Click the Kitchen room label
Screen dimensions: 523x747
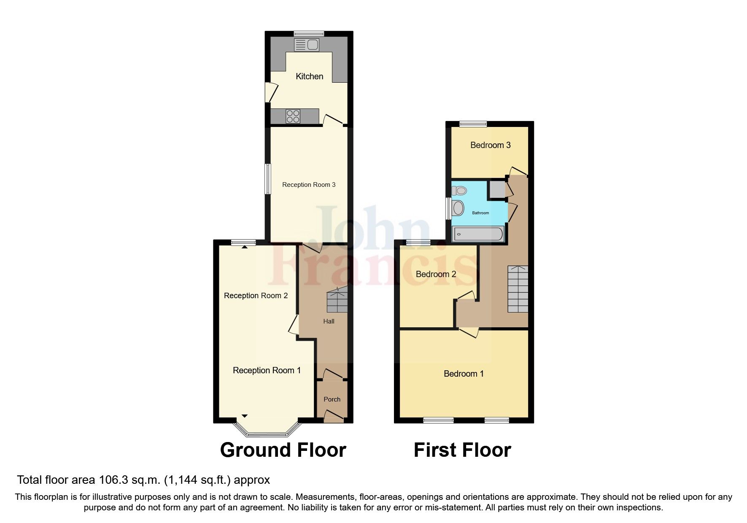[x=309, y=76]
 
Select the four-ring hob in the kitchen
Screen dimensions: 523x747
[x=293, y=116]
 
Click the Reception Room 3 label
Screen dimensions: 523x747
[x=309, y=185]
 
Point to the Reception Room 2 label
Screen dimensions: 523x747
[x=256, y=296]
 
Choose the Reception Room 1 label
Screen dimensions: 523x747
[x=267, y=370]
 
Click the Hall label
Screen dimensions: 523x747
[x=329, y=321]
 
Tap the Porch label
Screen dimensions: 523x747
[x=332, y=399]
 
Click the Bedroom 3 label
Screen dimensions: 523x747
[x=490, y=145]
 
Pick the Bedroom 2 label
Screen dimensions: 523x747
[x=436, y=274]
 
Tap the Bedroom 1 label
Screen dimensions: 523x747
[x=464, y=374]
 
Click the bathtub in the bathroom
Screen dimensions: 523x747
[x=477, y=235]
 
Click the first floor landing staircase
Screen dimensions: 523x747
[x=518, y=289]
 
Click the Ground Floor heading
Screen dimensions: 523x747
[x=283, y=450]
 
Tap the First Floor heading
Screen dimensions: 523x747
[x=462, y=450]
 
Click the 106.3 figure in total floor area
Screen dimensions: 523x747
[x=112, y=480]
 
